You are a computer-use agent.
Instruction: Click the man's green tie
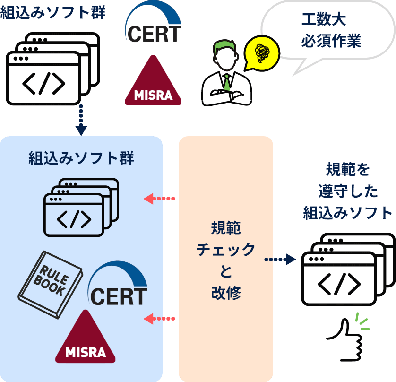pyautogui.click(x=227, y=82)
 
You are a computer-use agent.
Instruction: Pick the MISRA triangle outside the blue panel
pyautogui.click(x=153, y=83)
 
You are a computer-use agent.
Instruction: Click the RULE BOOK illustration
pyautogui.click(x=51, y=282)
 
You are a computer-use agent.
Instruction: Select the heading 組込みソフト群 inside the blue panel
pyautogui.click(x=81, y=158)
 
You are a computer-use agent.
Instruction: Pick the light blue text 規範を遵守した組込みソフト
pyautogui.click(x=348, y=191)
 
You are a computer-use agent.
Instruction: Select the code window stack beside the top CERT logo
pyautogui.click(x=52, y=69)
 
